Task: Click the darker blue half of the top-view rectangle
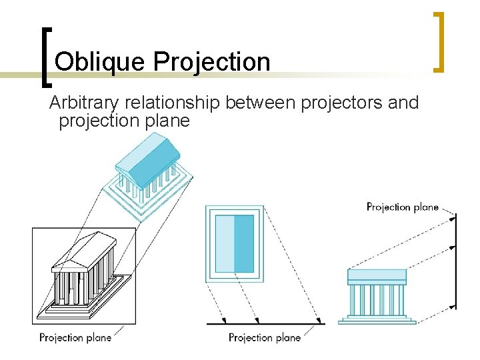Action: click(244, 243)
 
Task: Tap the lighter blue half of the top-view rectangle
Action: click(224, 243)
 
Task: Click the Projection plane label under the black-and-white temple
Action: click(75, 337)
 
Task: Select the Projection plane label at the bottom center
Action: click(265, 337)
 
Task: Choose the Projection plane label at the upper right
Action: click(402, 207)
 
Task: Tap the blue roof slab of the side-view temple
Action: click(377, 276)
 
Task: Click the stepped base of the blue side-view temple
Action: click(377, 319)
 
